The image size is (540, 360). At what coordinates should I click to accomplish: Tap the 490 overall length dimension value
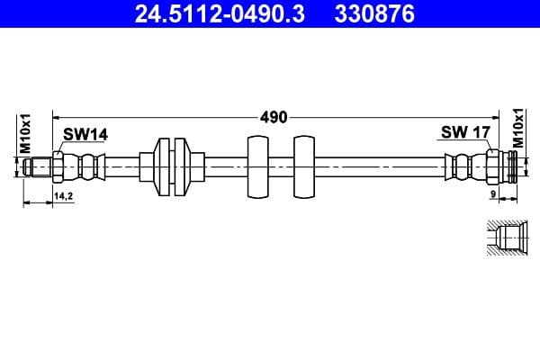(274, 116)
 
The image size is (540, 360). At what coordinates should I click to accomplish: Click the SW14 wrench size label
(85, 134)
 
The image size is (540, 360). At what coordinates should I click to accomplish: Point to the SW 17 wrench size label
(464, 132)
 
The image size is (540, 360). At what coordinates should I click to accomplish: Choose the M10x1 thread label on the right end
(518, 130)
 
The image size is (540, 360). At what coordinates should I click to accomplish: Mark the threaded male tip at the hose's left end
(39, 166)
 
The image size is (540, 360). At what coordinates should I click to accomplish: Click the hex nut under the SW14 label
(58, 166)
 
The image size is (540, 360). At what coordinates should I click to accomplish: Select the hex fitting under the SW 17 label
(492, 166)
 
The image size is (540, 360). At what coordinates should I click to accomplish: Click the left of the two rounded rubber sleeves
(256, 166)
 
